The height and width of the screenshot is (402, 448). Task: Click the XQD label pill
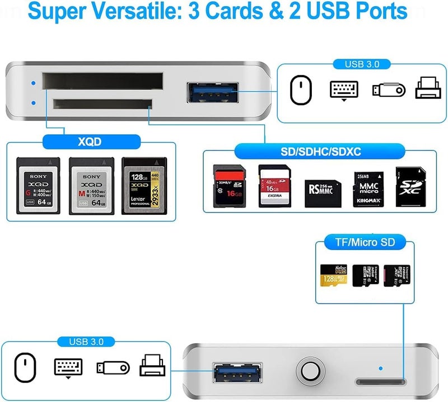coord(90,142)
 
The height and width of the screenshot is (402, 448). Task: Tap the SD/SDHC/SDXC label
coord(319,151)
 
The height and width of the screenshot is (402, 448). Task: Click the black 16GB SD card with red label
coord(230,187)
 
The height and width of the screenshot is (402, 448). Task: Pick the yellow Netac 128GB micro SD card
coord(334,275)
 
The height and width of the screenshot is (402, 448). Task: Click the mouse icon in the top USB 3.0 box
coord(300,89)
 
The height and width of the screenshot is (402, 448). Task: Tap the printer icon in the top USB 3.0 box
coord(428,89)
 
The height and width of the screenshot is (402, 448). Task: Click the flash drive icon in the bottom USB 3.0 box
coord(113,367)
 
